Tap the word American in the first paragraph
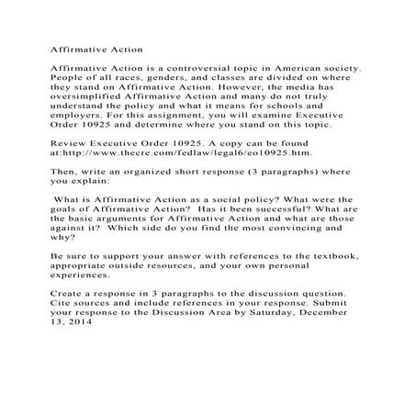pos(288,67)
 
